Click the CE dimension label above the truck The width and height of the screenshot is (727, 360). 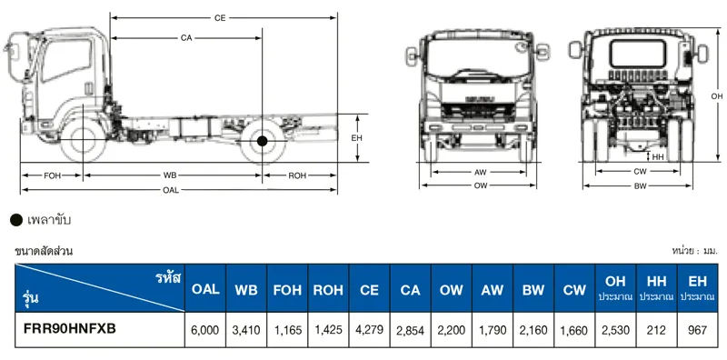pyautogui.click(x=220, y=17)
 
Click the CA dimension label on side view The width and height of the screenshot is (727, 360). pyautogui.click(x=186, y=37)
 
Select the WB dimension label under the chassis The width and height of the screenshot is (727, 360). pyautogui.click(x=170, y=175)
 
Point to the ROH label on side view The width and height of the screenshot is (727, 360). pyautogui.click(x=297, y=175)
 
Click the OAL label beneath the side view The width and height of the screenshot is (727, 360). pyautogui.click(x=171, y=190)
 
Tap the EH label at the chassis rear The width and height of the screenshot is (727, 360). pyautogui.click(x=357, y=137)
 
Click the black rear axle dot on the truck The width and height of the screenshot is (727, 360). pyautogui.click(x=262, y=141)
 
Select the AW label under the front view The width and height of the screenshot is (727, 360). pyautogui.click(x=480, y=172)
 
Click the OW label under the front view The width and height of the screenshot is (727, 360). pyautogui.click(x=480, y=185)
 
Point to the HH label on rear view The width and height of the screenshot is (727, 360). pyautogui.click(x=660, y=156)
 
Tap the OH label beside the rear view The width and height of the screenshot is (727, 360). pyautogui.click(x=716, y=95)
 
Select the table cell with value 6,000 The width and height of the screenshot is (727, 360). pyautogui.click(x=205, y=330)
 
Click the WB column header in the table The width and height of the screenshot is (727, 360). pyautogui.click(x=246, y=289)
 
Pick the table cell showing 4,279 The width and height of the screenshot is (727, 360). pyautogui.click(x=369, y=330)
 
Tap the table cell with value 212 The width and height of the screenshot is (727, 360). pyautogui.click(x=656, y=330)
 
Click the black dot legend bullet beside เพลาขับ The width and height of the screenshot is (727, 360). pyautogui.click(x=15, y=220)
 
